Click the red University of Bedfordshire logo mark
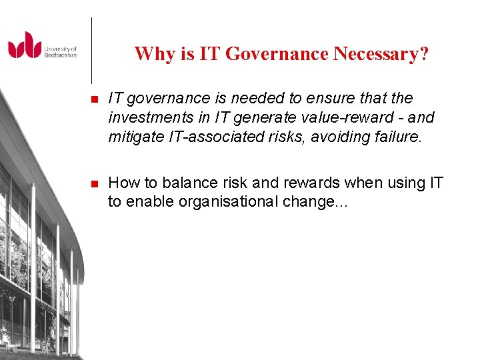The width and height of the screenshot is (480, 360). [25, 45]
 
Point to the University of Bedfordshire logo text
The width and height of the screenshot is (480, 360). [61, 52]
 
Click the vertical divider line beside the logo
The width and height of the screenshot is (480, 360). [91, 50]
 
